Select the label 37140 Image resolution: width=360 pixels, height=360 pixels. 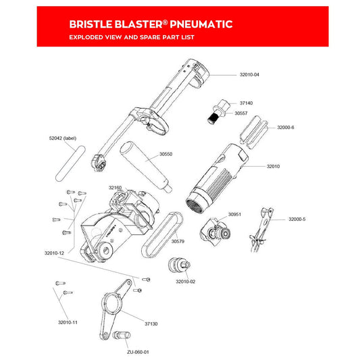click(x=247, y=103)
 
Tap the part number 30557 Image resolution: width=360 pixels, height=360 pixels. click(x=241, y=113)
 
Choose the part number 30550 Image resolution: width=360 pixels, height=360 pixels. click(x=165, y=154)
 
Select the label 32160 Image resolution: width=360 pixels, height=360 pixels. click(x=115, y=187)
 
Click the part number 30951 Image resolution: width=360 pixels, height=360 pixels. click(x=234, y=214)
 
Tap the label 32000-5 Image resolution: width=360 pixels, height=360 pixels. click(x=297, y=220)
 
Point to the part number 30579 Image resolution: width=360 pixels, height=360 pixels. click(x=178, y=241)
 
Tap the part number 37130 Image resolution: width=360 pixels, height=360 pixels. click(x=151, y=324)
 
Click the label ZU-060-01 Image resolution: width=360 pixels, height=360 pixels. click(x=138, y=352)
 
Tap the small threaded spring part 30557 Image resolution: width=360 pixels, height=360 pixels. click(x=213, y=118)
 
